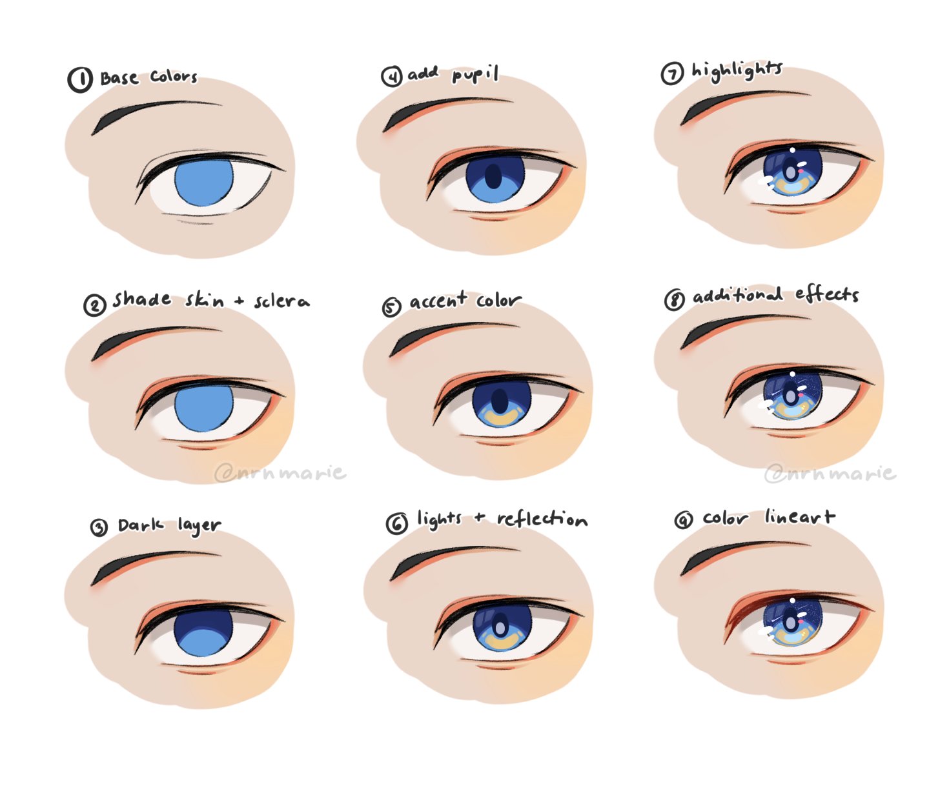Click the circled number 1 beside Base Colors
coord(80,79)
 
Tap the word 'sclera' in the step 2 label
coord(281,301)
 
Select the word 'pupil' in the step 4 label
coord(475,75)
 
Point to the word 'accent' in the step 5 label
coord(438,301)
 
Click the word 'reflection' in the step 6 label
coord(542,519)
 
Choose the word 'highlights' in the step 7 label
coord(737,70)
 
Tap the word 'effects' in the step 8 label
coord(827,294)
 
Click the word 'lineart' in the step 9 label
coord(800,517)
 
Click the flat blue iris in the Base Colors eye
coord(203,182)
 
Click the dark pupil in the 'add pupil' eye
coord(494,176)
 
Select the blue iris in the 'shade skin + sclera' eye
coord(203,408)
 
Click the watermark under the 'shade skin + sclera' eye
coord(280,473)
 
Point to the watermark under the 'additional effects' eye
coord(830,474)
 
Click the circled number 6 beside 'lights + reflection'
coord(396,523)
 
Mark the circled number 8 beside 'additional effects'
coord(675,299)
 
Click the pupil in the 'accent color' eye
coord(500,401)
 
